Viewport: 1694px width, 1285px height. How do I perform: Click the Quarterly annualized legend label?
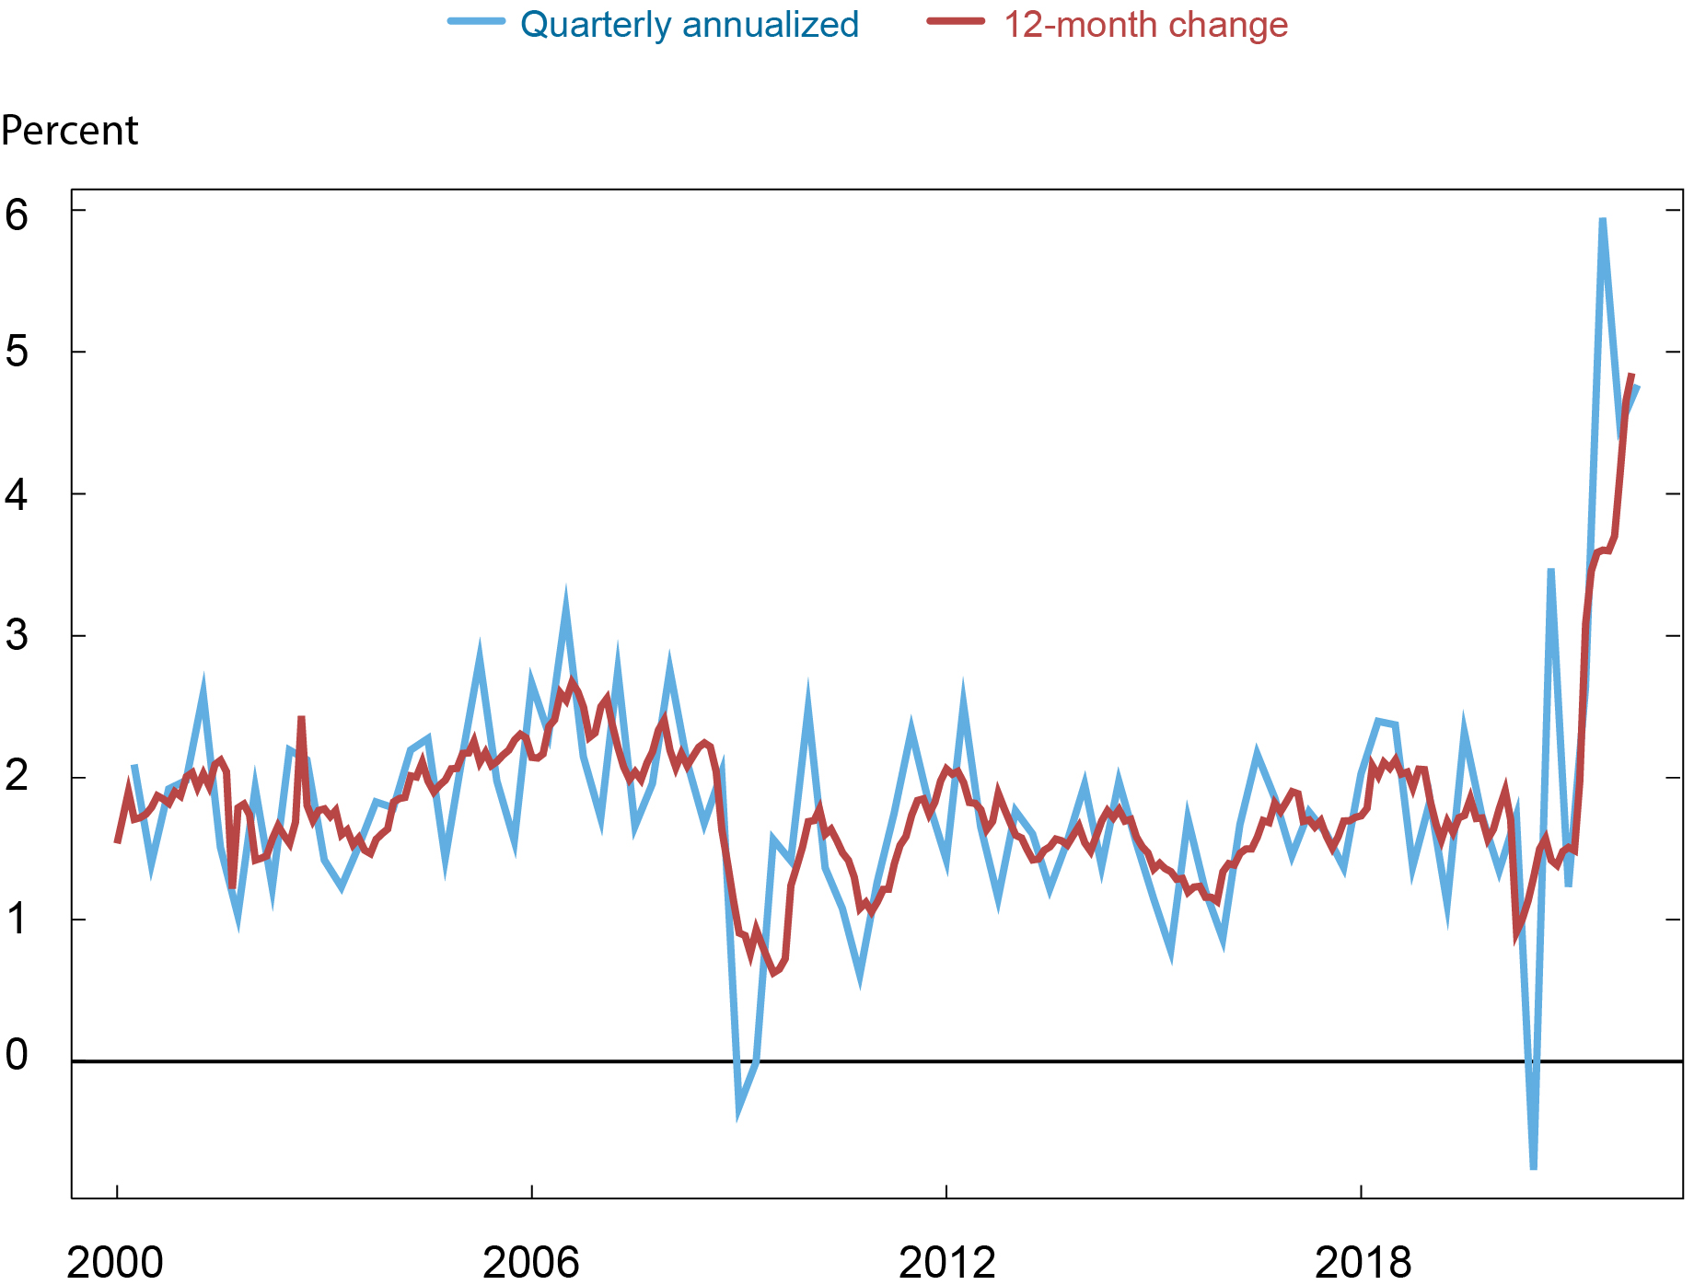689,25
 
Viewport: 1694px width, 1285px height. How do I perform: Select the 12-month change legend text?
1144,25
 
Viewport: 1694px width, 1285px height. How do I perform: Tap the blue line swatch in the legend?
476,22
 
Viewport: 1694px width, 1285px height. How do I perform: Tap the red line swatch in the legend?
955,22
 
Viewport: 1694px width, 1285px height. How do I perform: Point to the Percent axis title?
69,131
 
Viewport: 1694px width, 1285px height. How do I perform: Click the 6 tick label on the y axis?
17,214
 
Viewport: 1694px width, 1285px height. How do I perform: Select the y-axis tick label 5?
17,352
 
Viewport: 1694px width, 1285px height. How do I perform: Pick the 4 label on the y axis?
17,495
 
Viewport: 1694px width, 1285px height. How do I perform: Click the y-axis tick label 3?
17,636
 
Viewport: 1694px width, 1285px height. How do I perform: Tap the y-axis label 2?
17,777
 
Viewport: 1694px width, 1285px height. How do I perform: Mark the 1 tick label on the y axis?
17,919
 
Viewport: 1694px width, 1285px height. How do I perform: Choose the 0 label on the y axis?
17,1055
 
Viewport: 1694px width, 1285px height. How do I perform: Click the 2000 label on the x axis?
115,1262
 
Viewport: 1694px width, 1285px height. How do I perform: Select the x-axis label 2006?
531,1262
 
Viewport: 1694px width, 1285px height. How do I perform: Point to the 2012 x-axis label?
946,1262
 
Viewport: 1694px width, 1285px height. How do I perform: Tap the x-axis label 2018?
1363,1262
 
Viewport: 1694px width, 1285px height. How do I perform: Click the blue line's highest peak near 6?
1603,221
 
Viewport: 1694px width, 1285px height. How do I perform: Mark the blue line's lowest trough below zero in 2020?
1534,1167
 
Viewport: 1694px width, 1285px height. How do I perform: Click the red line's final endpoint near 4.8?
1631,376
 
